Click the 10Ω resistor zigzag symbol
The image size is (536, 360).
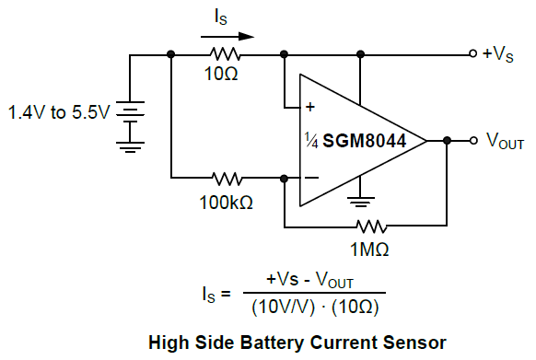225,54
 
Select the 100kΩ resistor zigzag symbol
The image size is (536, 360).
227,178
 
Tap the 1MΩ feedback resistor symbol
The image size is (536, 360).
371,226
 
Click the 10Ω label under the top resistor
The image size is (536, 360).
221,74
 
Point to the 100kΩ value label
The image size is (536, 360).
226,203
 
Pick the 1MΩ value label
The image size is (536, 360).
369,250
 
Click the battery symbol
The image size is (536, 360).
130,111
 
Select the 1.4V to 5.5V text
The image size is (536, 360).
59,112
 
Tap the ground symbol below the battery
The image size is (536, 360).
130,147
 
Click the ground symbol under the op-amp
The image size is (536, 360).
361,202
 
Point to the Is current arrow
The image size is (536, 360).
227,36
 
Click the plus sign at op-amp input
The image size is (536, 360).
310,107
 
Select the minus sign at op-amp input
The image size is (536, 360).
311,178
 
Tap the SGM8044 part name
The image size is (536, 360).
365,141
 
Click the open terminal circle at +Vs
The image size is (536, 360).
473,53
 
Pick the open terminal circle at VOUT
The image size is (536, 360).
473,140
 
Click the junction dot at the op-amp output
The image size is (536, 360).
447,140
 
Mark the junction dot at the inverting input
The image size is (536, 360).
284,178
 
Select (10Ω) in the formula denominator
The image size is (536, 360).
355,308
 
